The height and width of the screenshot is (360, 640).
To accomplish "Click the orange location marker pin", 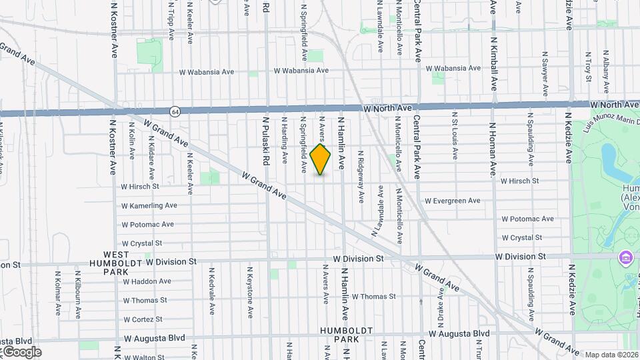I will (321, 159).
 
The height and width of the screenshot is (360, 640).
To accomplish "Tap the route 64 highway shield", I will (174, 111).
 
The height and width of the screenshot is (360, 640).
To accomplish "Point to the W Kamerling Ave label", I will (149, 206).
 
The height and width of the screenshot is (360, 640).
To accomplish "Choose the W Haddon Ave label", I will (149, 281).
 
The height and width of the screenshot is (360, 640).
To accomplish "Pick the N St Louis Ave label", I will (455, 136).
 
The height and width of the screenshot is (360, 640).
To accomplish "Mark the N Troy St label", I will (588, 65).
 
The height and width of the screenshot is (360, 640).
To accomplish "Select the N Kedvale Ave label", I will (211, 291).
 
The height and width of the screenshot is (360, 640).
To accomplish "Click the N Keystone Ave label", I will (250, 292).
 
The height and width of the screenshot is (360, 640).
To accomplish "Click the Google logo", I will (21, 352).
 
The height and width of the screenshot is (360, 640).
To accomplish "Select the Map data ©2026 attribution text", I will (611, 355).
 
